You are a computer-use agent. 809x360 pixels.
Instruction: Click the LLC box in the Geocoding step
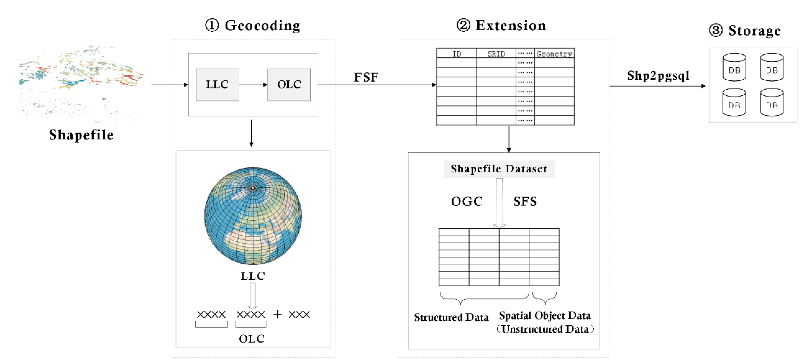pyautogui.click(x=217, y=84)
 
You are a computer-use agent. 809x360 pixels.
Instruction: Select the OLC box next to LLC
pyautogui.click(x=289, y=84)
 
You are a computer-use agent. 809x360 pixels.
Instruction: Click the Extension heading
pyautogui.click(x=502, y=26)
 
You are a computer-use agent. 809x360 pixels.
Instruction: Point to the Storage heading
pyautogui.click(x=745, y=31)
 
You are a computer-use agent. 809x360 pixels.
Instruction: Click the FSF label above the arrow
pyautogui.click(x=366, y=77)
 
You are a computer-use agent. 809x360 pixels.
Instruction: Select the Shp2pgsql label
pyautogui.click(x=658, y=76)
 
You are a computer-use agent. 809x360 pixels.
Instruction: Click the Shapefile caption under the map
pyautogui.click(x=81, y=135)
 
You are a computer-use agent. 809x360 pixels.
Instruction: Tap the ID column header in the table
pyautogui.click(x=456, y=54)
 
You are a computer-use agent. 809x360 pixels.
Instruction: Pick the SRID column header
pyautogui.click(x=496, y=54)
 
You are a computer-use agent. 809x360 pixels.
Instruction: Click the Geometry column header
pyautogui.click(x=554, y=54)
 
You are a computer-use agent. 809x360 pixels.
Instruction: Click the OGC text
pyautogui.click(x=467, y=201)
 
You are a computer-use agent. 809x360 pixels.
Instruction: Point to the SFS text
pyautogui.click(x=525, y=201)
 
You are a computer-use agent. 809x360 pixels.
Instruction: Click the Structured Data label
pyautogui.click(x=451, y=317)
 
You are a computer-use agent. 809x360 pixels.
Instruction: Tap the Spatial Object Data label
pyautogui.click(x=545, y=315)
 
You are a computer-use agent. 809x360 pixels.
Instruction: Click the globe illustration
pyautogui.click(x=253, y=216)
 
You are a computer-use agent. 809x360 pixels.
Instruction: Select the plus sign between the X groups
pyautogui.click(x=277, y=314)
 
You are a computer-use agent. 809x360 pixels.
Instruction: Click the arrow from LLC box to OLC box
pyautogui.click(x=253, y=84)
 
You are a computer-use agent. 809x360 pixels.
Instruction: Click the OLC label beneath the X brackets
pyautogui.click(x=252, y=339)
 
